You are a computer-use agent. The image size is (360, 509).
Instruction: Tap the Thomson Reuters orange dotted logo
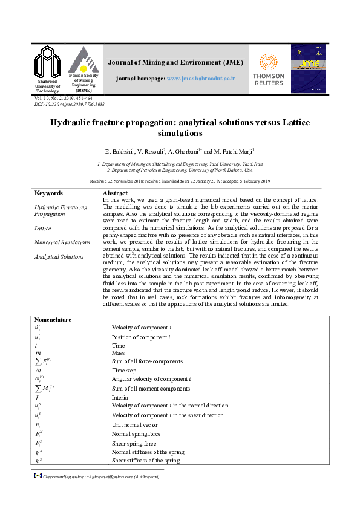268,62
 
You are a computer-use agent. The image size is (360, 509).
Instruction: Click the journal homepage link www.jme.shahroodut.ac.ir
200,79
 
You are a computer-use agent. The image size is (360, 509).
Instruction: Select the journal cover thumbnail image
308,68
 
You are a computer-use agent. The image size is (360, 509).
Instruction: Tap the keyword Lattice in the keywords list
42,229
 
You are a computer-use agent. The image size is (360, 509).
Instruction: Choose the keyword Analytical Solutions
59,257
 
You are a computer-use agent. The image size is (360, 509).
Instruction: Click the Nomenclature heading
53,319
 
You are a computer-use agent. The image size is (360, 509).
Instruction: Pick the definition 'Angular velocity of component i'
151,379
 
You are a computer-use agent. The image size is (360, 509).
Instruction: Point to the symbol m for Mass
38,352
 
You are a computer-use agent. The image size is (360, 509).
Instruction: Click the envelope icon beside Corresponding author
38,476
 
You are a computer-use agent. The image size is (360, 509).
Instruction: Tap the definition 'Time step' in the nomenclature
124,370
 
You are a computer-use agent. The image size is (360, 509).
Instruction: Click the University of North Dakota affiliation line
180,170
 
